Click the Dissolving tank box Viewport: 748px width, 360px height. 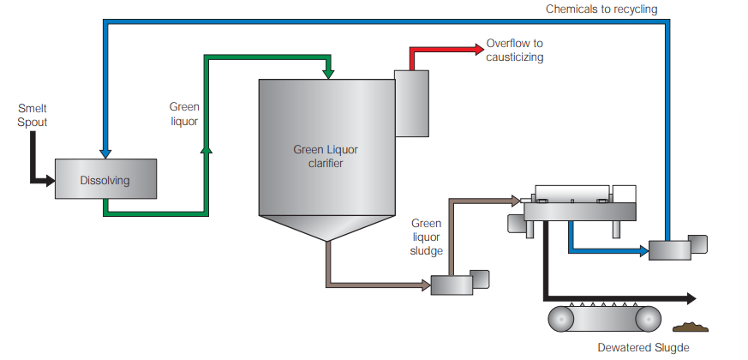[105, 180]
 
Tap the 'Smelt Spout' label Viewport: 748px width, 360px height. [33, 116]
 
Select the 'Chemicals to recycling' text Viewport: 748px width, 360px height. [601, 9]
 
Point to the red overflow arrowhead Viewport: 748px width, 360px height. [476, 50]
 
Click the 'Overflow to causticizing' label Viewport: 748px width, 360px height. [515, 50]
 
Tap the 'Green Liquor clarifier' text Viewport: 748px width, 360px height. [326, 156]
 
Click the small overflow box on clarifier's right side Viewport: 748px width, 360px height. [410, 102]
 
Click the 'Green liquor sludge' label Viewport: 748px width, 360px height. [427, 237]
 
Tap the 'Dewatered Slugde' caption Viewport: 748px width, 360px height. [643, 348]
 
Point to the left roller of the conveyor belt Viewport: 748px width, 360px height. [563, 319]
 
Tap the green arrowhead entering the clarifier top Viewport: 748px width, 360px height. [329, 75]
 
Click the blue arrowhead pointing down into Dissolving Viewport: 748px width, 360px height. [105, 153]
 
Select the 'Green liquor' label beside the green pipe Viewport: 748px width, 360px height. [184, 114]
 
